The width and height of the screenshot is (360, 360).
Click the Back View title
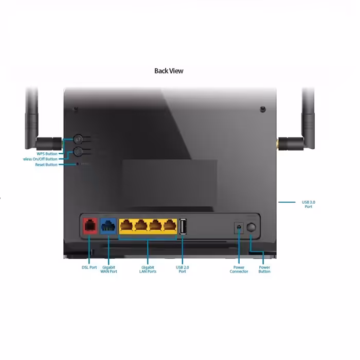click(169, 71)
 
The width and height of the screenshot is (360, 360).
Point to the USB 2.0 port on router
click(183, 226)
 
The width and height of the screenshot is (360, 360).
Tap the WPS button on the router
click(78, 139)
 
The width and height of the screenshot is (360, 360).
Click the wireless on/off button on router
click(78, 151)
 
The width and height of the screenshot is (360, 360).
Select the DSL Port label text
click(89, 267)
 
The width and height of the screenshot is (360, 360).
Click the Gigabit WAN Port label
click(109, 269)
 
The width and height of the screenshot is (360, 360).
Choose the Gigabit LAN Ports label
click(149, 269)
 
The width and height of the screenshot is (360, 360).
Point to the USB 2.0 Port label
click(183, 269)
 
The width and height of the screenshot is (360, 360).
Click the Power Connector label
click(239, 269)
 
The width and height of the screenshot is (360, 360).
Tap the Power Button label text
click(264, 269)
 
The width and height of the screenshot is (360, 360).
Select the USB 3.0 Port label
click(308, 204)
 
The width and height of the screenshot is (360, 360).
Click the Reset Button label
click(46, 165)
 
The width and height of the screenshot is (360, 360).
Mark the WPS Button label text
click(47, 153)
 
